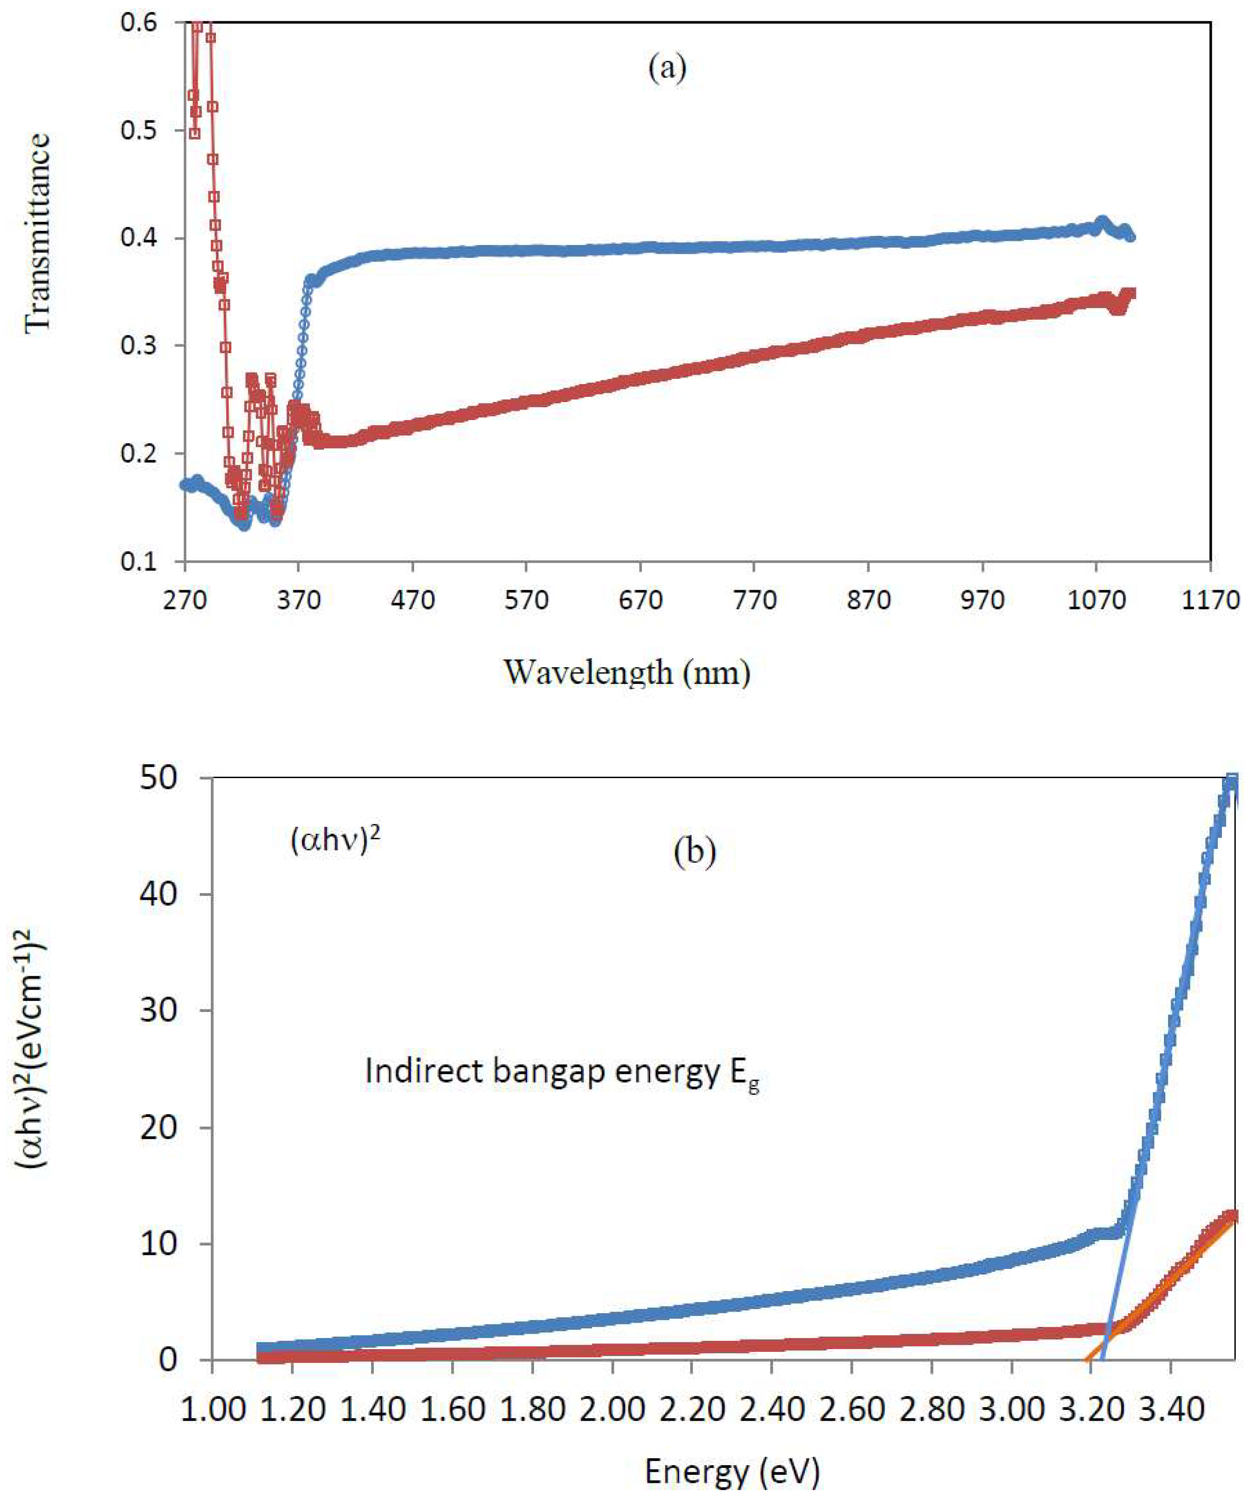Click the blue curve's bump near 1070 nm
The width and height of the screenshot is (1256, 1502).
1102,222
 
